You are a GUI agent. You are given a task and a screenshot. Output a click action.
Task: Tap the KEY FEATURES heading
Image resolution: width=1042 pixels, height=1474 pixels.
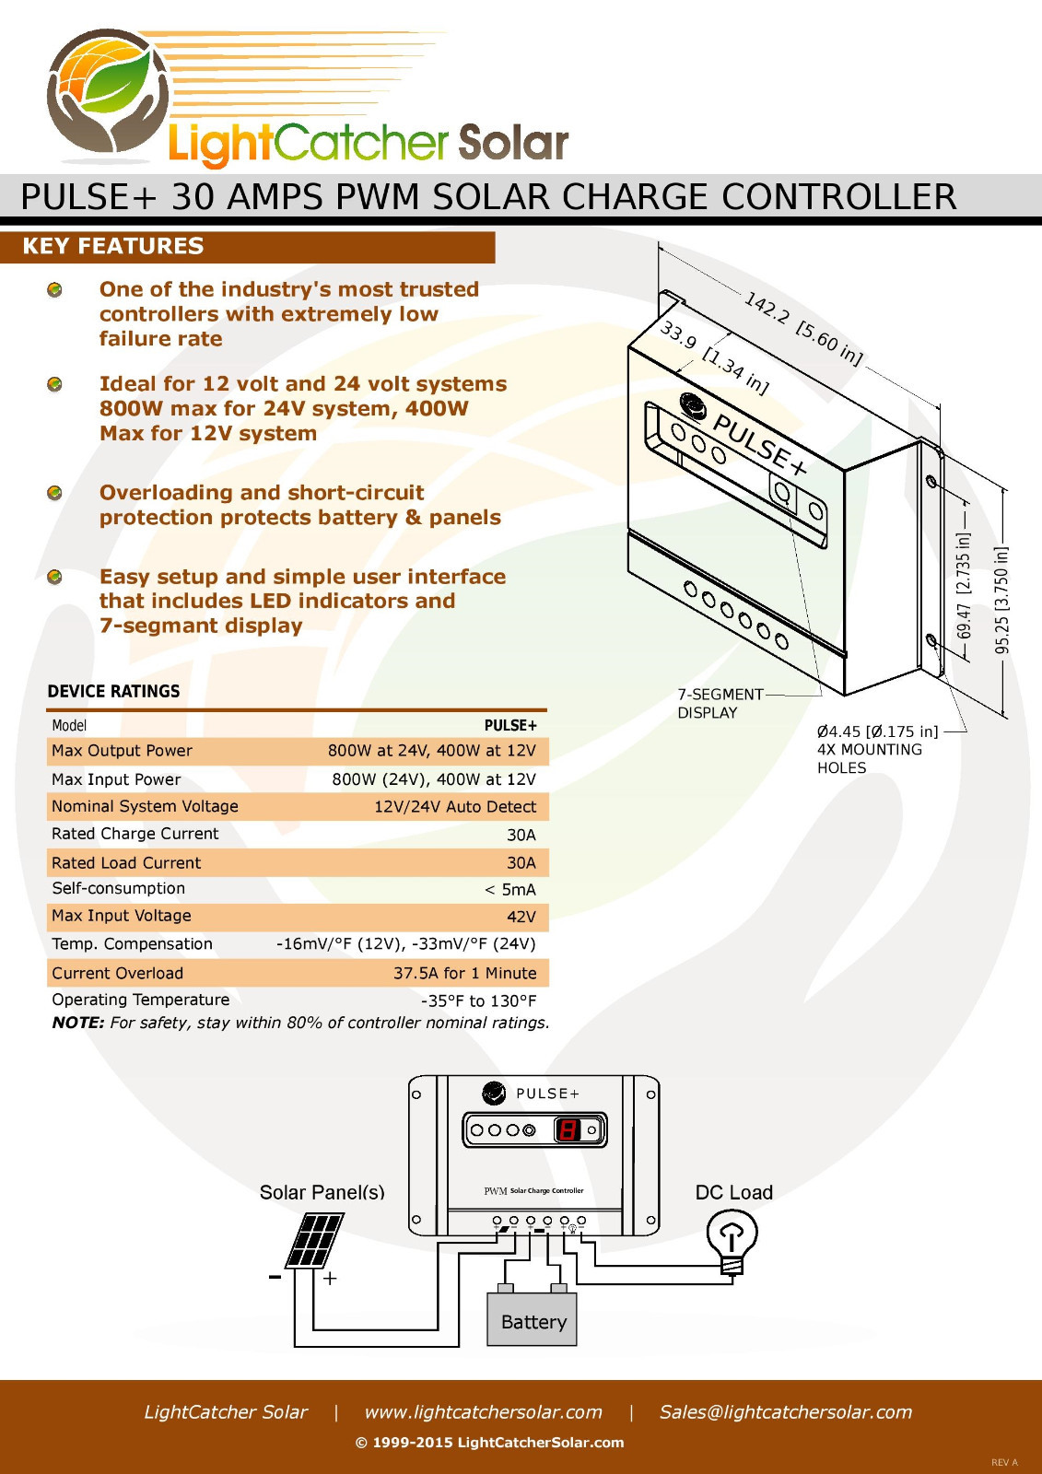113,246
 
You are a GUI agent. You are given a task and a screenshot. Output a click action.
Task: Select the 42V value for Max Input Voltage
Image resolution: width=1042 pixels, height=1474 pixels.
521,917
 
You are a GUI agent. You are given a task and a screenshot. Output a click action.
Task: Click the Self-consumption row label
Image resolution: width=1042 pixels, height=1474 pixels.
119,888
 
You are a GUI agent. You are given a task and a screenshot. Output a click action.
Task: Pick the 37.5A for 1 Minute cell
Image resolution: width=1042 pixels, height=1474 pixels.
464,973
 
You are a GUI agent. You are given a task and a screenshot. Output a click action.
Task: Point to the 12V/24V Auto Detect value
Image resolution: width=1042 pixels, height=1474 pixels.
455,806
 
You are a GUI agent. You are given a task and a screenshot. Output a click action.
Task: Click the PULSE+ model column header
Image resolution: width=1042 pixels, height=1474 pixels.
510,725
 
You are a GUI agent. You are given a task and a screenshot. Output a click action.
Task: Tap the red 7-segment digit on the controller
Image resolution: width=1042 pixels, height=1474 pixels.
568,1130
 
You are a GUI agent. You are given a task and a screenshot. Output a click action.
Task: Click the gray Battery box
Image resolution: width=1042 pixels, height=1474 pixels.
532,1318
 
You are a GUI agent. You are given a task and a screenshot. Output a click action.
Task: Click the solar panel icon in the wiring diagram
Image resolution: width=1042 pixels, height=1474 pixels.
315,1241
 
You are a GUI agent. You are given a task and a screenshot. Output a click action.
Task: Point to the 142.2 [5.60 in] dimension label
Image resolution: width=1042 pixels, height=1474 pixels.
803,328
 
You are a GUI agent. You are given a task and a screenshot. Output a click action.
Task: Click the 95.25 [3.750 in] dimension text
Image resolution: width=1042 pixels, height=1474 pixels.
1001,600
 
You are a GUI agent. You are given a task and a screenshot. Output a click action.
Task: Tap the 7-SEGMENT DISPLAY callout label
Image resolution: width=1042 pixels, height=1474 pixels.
720,704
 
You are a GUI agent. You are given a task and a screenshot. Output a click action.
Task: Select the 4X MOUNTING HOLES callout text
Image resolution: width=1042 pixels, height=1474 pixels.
870,759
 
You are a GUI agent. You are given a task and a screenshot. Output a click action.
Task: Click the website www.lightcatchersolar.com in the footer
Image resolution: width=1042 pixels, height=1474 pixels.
483,1411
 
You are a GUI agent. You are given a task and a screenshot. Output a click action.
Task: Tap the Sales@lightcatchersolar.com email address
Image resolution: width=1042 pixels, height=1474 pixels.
786,1411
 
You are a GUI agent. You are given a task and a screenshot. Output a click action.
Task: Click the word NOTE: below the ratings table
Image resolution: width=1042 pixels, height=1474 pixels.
77,1023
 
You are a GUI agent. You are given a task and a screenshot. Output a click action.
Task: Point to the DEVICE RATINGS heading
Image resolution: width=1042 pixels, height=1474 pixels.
113,691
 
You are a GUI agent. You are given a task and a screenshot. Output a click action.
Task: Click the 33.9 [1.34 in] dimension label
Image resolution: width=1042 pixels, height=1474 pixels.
714,357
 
